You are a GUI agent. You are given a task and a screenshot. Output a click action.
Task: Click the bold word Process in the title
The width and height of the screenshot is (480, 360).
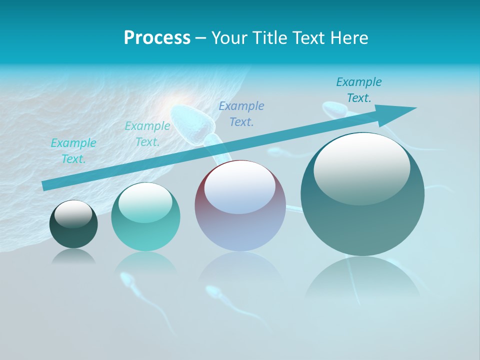pos(157,37)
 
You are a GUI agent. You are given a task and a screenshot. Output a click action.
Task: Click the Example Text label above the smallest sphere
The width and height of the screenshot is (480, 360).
pos(73,150)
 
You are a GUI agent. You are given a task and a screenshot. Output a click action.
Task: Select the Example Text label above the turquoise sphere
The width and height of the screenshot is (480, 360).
pos(147,133)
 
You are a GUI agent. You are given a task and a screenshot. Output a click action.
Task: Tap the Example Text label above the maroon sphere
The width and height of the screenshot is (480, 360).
pos(241,113)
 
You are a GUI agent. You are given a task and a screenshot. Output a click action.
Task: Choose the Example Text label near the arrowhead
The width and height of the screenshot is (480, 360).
pos(359,89)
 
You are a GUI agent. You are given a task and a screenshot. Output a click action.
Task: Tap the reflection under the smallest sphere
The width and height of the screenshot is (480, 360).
pos(73,256)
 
